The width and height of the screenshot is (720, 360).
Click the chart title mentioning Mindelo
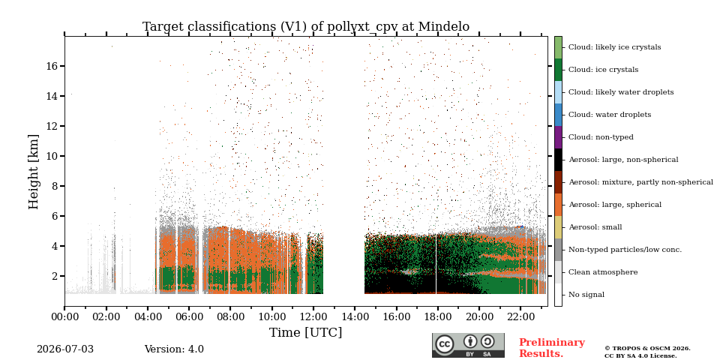(306, 27)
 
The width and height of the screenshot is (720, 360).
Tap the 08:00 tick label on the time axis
(230, 316)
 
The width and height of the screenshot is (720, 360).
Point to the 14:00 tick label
(355, 316)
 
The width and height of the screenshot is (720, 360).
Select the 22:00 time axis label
(520, 316)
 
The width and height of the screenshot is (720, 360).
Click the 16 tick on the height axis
(54, 66)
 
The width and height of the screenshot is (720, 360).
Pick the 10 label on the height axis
(54, 156)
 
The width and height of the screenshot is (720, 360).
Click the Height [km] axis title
(34, 172)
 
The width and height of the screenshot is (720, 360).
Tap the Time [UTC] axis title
(306, 332)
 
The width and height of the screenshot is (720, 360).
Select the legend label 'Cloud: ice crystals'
(603, 70)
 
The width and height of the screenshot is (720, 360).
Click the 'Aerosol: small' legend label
(595, 227)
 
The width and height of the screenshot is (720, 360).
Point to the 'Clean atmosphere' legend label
(603, 272)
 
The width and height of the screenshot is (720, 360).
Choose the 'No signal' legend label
(586, 295)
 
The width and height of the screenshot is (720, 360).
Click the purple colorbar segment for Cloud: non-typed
(558, 137)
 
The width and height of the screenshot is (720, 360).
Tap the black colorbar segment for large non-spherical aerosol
(558, 160)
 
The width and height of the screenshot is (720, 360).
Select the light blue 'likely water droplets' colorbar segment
(558, 92)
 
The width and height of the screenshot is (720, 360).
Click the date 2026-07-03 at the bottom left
(65, 349)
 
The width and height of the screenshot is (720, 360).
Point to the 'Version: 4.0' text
(174, 349)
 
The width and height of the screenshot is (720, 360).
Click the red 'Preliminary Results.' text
(552, 348)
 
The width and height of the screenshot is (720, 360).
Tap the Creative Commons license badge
(468, 345)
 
